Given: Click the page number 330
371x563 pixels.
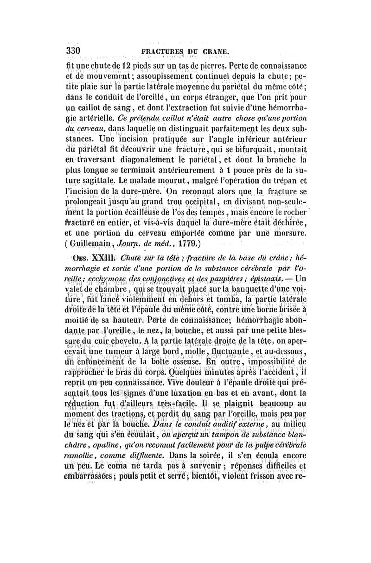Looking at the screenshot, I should tap(74, 50).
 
